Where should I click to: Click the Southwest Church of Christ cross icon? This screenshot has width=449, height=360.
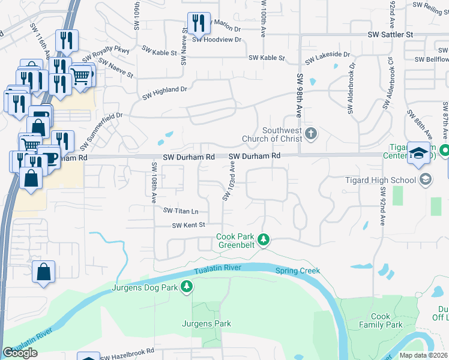[310, 133]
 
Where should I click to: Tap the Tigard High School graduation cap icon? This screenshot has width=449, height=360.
[425, 179]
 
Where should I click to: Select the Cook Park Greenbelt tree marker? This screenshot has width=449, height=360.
[263, 241]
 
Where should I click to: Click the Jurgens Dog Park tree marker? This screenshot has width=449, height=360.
[187, 287]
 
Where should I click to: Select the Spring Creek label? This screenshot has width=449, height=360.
[298, 271]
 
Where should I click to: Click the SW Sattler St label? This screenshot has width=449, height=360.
[391, 35]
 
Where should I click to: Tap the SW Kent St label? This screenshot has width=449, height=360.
[189, 226]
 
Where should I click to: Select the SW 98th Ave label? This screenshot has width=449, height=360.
[298, 96]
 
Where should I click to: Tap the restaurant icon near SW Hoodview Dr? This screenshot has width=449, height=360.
[197, 23]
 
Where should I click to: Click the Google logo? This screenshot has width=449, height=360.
[20, 353]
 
